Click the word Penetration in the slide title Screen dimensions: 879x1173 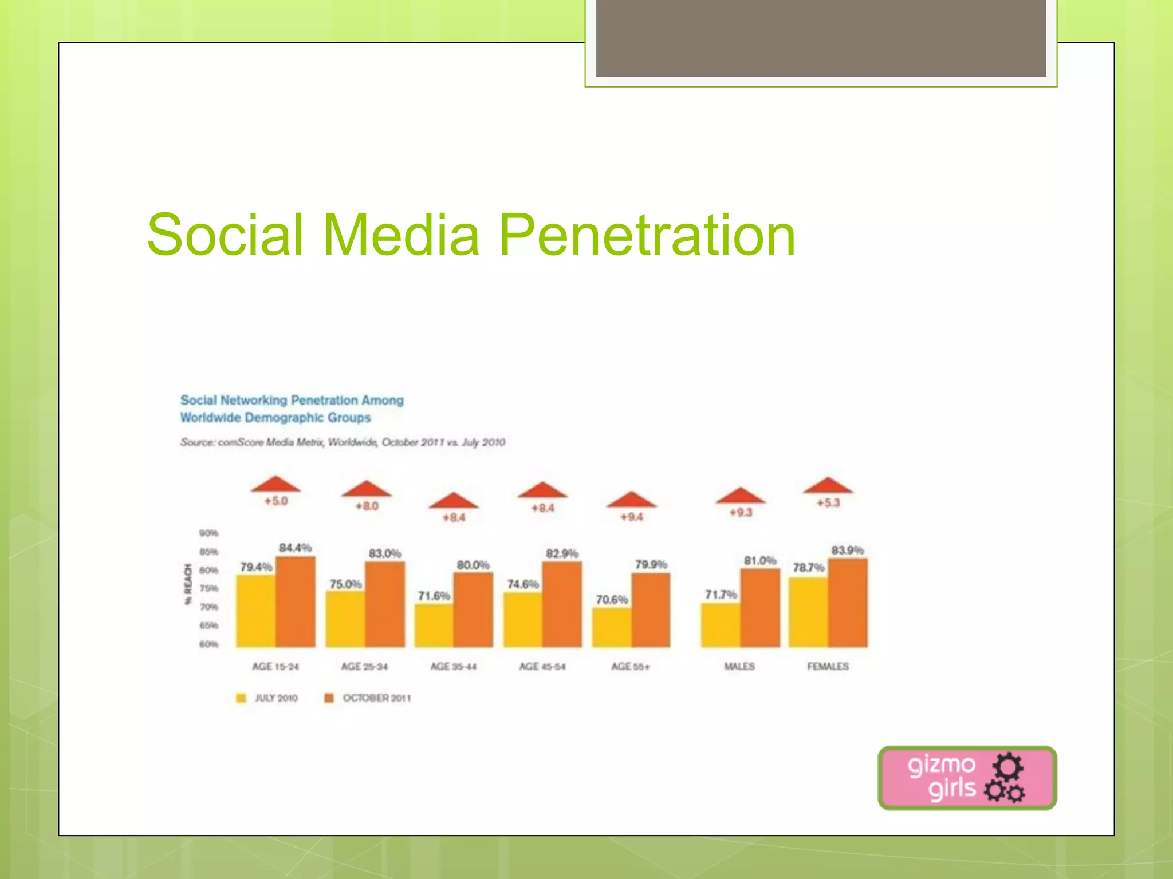(647, 235)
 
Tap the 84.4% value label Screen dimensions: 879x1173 (295, 548)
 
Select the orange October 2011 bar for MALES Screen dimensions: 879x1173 (760, 608)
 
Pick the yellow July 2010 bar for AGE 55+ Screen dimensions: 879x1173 (612, 627)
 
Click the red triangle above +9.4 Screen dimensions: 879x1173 (631, 500)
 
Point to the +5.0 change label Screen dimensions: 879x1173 (275, 501)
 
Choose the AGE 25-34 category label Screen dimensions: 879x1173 (364, 667)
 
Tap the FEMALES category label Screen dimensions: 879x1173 (828, 667)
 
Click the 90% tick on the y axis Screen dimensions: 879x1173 (208, 533)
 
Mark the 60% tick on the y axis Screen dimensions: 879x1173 (208, 644)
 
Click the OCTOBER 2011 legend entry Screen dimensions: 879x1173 (368, 698)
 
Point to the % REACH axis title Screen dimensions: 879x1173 (188, 584)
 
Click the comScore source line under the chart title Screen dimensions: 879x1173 (343, 442)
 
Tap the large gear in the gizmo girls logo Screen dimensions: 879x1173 (1008, 767)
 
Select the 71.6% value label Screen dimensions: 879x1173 (434, 596)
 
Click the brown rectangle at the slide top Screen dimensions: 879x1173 (820, 38)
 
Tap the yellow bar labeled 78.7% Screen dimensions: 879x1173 (808, 612)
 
